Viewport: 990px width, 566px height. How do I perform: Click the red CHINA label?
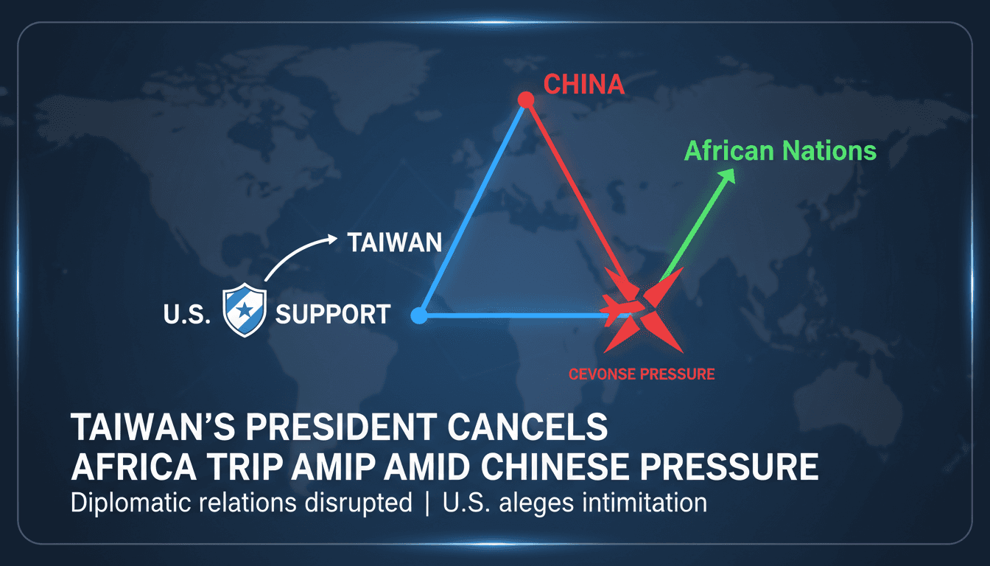tap(583, 84)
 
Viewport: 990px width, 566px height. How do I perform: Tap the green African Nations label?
tap(780, 151)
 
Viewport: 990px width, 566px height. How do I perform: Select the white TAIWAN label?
tap(394, 242)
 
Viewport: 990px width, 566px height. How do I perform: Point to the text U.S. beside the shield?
tap(186, 315)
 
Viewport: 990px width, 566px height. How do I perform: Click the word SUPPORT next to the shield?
tap(332, 315)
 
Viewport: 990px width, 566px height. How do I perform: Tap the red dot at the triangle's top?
tap(525, 99)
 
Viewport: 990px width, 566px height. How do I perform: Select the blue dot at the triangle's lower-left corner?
tap(419, 316)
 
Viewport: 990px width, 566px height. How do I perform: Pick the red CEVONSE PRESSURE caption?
tap(641, 374)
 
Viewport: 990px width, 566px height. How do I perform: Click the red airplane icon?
tap(617, 307)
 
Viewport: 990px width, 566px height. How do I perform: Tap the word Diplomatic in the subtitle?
tap(129, 503)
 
